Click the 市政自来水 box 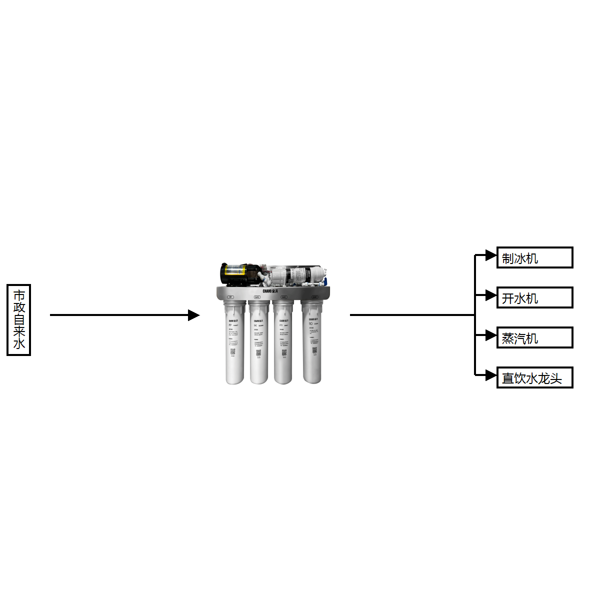[18, 320]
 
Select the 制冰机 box [534, 257]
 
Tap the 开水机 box [534, 297]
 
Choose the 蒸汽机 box [534, 337]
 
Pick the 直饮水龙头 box [534, 377]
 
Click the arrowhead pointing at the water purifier [194, 315]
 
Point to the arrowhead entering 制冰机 [491, 255]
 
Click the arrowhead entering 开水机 [491, 295]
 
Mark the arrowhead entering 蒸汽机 [491, 335]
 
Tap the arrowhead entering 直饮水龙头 [491, 375]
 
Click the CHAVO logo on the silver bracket [270, 291]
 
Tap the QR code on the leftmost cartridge [233, 351]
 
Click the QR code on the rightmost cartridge [314, 350]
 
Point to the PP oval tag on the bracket [230, 297]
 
